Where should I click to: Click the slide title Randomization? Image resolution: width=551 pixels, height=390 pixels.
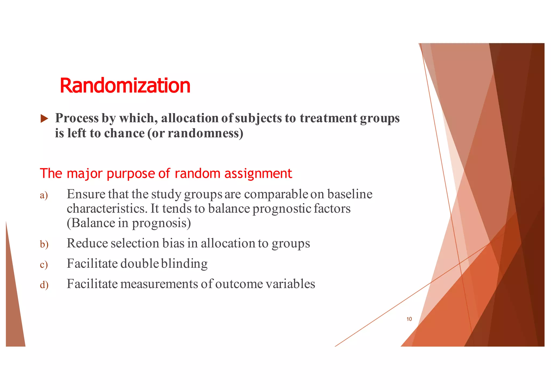pyautogui.click(x=125, y=86)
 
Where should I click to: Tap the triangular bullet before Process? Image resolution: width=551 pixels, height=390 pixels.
pyautogui.click(x=44, y=119)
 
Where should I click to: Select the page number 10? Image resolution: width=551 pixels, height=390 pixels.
pyautogui.click(x=409, y=319)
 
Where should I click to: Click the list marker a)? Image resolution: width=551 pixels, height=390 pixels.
pyautogui.click(x=44, y=195)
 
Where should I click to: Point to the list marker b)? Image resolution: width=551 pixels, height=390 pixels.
pyautogui.click(x=44, y=244)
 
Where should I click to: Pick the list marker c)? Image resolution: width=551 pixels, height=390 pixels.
pyautogui.click(x=44, y=264)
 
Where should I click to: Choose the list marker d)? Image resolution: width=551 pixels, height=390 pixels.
pyautogui.click(x=44, y=285)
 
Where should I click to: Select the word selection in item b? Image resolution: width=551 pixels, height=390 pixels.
pyautogui.click(x=135, y=243)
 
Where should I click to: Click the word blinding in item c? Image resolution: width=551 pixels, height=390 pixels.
pyautogui.click(x=184, y=264)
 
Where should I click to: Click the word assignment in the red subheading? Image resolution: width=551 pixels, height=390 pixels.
pyautogui.click(x=258, y=174)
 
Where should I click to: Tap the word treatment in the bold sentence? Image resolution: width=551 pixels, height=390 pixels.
pyautogui.click(x=328, y=118)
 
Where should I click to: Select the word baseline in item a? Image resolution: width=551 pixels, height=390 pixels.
pyautogui.click(x=350, y=194)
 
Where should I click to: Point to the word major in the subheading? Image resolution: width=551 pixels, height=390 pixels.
pyautogui.click(x=84, y=174)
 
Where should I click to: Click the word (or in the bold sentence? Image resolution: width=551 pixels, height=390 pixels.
pyautogui.click(x=156, y=133)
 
